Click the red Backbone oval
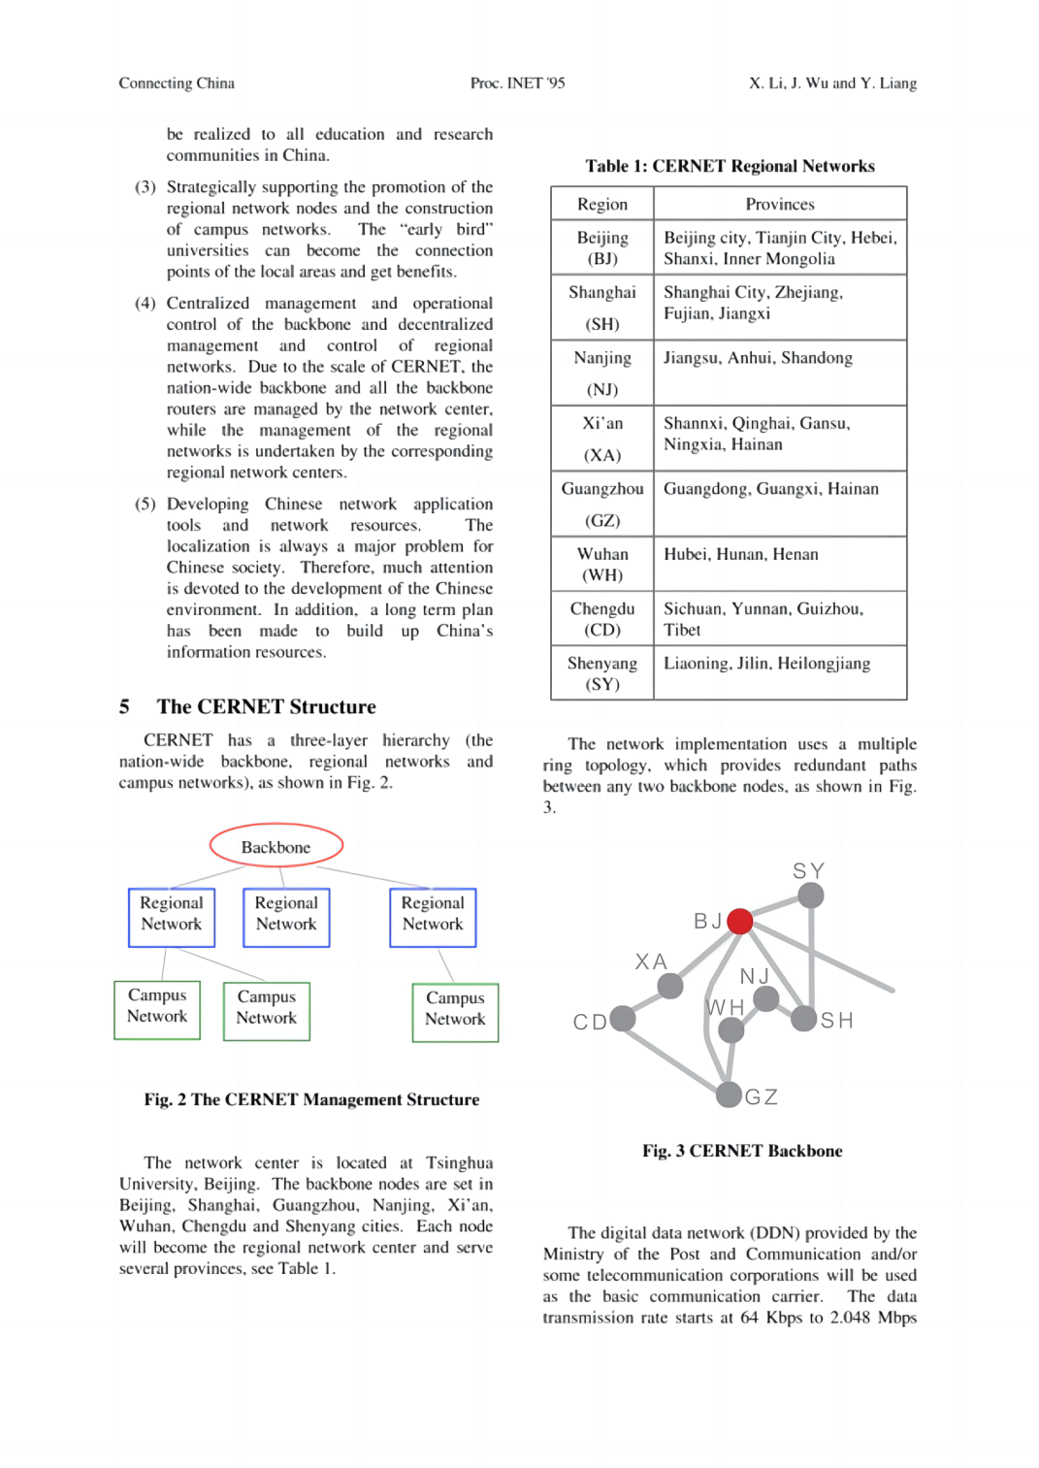click(276, 846)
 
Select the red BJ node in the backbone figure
click(739, 921)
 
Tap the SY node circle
click(810, 895)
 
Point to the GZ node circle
click(729, 1094)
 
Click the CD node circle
click(622, 1018)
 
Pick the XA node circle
click(669, 986)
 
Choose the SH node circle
click(803, 1018)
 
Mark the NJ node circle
click(765, 998)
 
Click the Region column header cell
click(602, 204)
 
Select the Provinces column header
click(780, 204)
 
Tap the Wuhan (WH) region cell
click(602, 564)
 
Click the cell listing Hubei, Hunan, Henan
click(780, 564)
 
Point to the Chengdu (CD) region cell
click(602, 618)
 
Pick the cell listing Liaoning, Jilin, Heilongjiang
click(780, 672)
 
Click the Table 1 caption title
click(730, 166)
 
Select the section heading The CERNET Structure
click(266, 706)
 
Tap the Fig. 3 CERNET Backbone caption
click(742, 1151)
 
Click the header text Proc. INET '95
click(517, 83)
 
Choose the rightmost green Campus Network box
click(455, 1013)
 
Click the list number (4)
click(145, 303)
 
